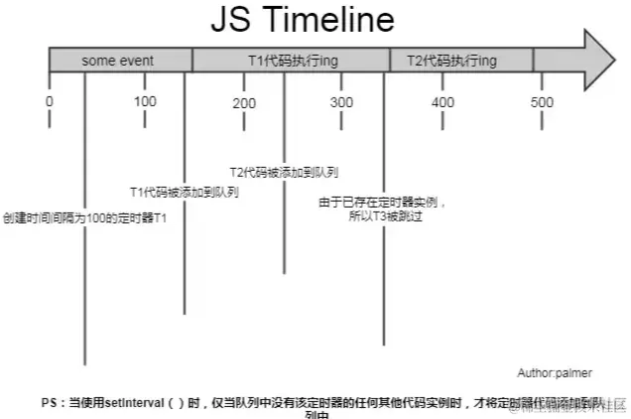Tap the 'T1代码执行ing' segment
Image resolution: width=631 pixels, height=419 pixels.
pyautogui.click(x=292, y=61)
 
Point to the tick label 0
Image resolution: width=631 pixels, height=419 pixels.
pyautogui.click(x=49, y=102)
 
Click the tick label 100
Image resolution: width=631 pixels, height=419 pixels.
pyautogui.click(x=145, y=102)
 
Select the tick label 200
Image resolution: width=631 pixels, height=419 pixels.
pyautogui.click(x=244, y=103)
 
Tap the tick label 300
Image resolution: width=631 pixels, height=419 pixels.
pyautogui.click(x=341, y=103)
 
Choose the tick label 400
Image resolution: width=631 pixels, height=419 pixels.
pyautogui.click(x=442, y=103)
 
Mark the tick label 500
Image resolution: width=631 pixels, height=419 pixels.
pyautogui.click(x=542, y=103)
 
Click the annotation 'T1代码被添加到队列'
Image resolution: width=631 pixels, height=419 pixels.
pyautogui.click(x=184, y=192)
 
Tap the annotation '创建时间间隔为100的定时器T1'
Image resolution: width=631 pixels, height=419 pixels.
pyautogui.click(x=84, y=216)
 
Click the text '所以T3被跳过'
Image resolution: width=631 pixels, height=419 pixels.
pyautogui.click(x=385, y=215)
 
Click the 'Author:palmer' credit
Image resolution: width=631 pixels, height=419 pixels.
pyautogui.click(x=555, y=373)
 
